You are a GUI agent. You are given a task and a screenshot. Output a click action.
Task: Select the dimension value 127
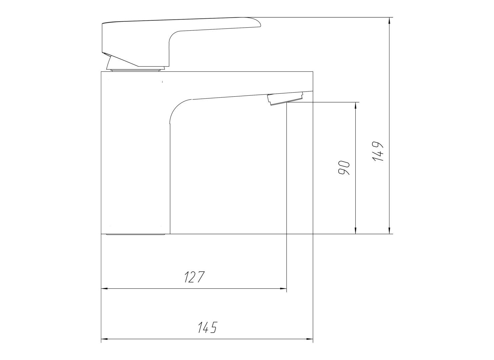pos(195,277)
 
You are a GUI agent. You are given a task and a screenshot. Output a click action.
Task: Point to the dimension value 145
pos(208,334)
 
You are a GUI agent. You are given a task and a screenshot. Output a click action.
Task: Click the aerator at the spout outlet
pos(285,99)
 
